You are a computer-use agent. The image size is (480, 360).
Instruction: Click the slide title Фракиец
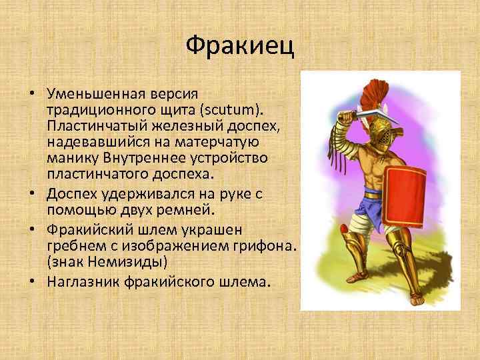click(x=239, y=46)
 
